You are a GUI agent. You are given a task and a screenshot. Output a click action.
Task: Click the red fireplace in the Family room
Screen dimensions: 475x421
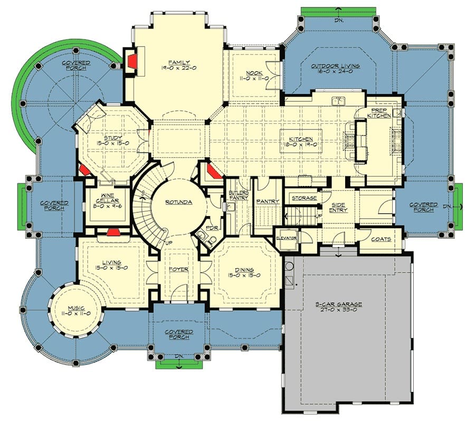click(132, 61)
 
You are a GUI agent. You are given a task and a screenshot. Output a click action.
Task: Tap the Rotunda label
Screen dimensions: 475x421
click(179, 202)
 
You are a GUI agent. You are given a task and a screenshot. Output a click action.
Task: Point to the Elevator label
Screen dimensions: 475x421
click(286, 238)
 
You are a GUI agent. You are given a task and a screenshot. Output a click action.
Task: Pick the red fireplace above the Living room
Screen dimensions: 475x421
click(113, 232)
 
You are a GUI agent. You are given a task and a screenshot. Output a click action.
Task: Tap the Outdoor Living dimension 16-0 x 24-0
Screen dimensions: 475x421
click(335, 72)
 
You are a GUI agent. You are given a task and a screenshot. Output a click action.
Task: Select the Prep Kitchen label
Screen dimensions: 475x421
click(379, 113)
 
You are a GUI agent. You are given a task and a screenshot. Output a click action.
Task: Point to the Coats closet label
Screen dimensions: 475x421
click(381, 239)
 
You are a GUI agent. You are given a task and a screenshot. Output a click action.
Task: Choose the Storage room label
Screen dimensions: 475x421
click(304, 198)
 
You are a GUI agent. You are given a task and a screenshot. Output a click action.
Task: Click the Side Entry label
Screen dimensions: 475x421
click(338, 208)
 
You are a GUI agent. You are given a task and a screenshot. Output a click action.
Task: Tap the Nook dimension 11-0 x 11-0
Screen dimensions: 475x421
click(254, 79)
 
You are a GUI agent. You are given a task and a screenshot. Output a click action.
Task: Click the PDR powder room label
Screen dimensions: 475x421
click(212, 228)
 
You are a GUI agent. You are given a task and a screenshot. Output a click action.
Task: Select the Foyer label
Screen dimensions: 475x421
click(179, 269)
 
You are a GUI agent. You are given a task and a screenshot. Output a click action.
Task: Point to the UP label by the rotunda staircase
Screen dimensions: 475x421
click(169, 242)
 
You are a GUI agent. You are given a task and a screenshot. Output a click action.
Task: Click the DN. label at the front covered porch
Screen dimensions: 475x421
click(179, 357)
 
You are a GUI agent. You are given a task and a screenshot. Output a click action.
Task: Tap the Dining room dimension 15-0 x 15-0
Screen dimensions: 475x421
click(244, 276)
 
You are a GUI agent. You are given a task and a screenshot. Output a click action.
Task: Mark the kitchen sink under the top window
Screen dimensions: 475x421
click(338, 101)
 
